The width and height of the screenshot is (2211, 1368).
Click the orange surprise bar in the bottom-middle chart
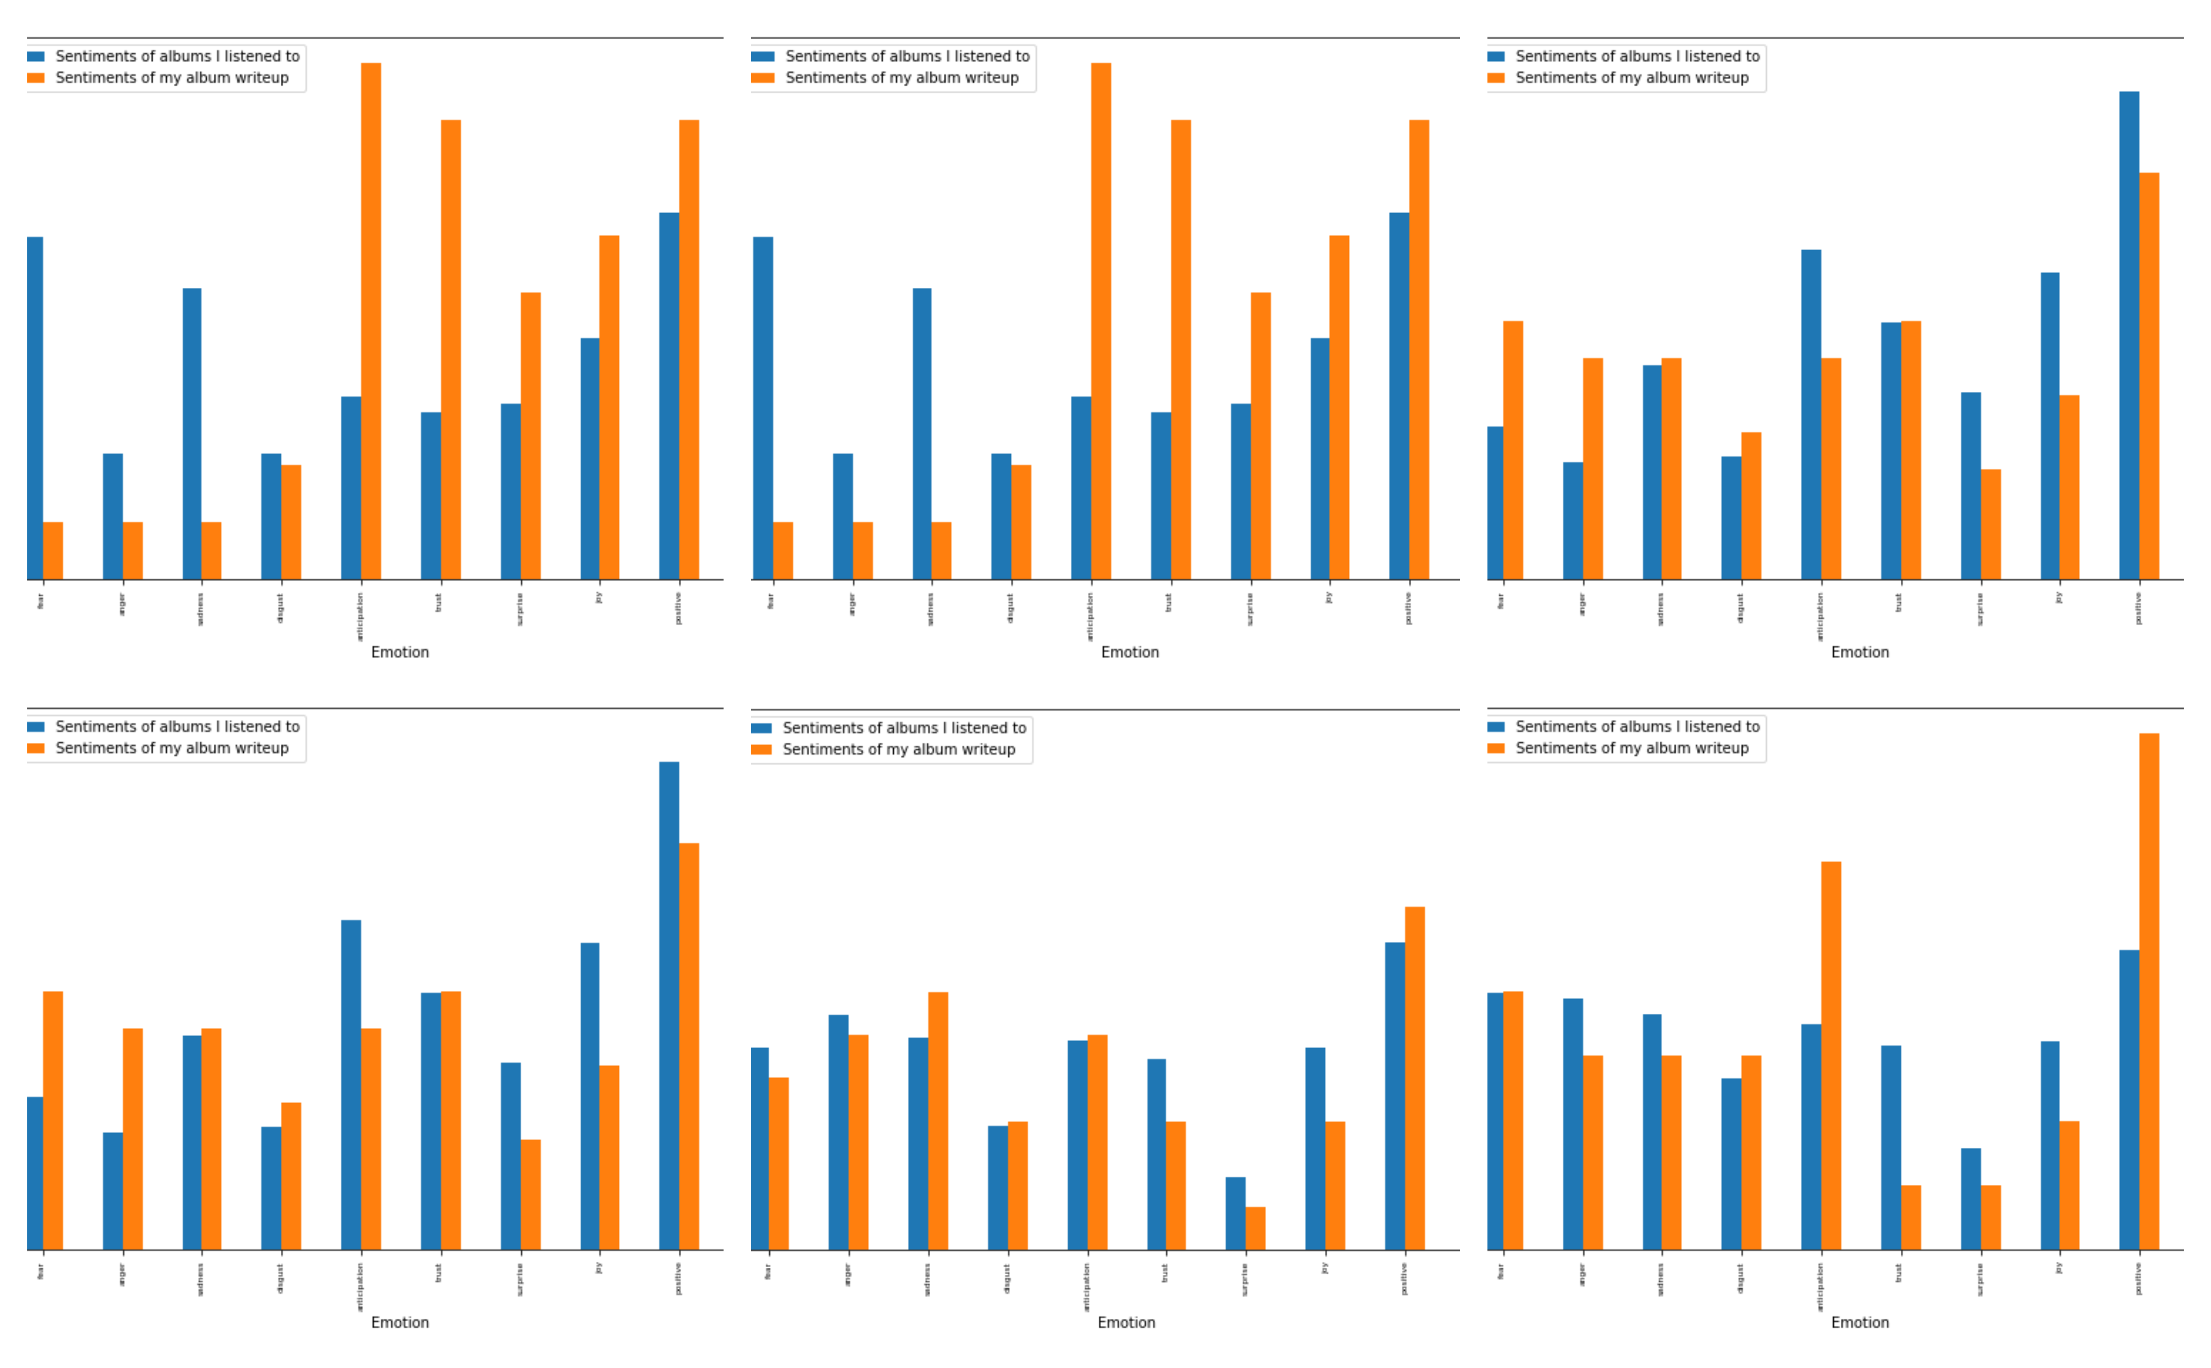[x=1255, y=1228]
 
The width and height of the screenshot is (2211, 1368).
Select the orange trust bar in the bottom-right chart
[x=1911, y=1217]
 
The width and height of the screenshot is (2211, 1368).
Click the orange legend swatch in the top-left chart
[x=36, y=78]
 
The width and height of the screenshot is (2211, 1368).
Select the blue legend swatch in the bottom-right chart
[x=1496, y=727]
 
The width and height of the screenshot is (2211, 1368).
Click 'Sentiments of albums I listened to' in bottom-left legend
[x=177, y=727]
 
